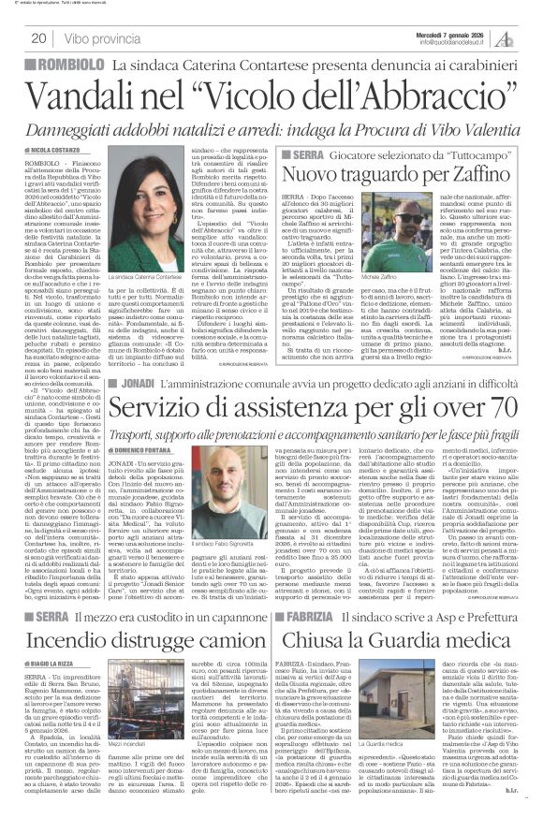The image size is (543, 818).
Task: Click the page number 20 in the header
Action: (41, 38)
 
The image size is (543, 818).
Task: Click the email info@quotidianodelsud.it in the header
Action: (455, 42)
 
